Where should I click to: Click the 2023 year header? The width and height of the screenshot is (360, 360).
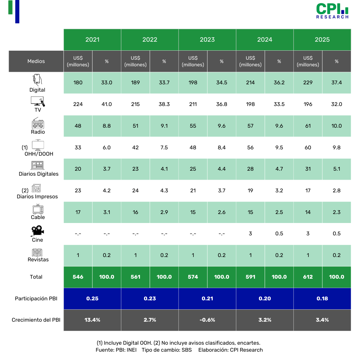(x=207, y=40)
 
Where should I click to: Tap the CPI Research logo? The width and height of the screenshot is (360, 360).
(x=332, y=11)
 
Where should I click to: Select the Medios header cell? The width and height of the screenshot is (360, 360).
(x=36, y=61)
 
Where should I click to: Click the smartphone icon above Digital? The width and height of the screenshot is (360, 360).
(x=37, y=80)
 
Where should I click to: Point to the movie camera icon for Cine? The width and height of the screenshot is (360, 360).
(x=38, y=231)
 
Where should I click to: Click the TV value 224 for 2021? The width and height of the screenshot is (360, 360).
(x=78, y=104)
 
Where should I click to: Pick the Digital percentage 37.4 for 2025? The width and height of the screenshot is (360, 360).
(x=336, y=83)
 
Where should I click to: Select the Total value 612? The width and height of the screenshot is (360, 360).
(x=308, y=277)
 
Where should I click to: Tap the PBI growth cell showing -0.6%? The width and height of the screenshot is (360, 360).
(x=207, y=320)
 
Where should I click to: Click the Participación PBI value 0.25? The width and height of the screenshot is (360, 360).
(x=92, y=298)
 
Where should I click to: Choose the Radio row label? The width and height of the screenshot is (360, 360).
(x=38, y=132)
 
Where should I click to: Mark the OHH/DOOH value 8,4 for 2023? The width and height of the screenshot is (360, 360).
(x=222, y=147)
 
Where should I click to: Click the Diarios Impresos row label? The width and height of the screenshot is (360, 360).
(x=37, y=197)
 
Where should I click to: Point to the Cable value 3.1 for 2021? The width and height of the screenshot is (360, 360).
(x=107, y=212)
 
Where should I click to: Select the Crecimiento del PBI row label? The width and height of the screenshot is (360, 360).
(x=36, y=320)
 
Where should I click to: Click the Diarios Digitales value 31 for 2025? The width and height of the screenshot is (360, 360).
(x=308, y=169)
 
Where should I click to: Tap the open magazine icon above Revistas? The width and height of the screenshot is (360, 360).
(x=37, y=252)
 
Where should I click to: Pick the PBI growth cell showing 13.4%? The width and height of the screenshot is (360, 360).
(x=92, y=320)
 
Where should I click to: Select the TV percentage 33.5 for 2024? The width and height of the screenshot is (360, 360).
(x=279, y=104)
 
